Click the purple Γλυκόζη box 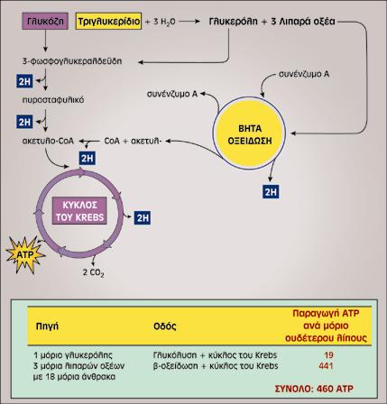click(x=45, y=21)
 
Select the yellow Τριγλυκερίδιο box click(x=108, y=21)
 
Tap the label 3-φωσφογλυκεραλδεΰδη click(x=72, y=61)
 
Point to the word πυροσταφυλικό click(x=53, y=100)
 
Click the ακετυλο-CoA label click(x=48, y=141)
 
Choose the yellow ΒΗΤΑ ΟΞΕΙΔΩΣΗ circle click(x=249, y=133)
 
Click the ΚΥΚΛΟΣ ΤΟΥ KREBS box click(x=79, y=211)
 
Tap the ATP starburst click(x=25, y=254)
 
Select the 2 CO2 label click(x=93, y=272)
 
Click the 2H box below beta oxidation click(x=271, y=192)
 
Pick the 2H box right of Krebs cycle click(x=143, y=217)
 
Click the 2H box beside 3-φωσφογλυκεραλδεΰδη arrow click(x=24, y=81)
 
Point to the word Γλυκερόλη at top click(x=233, y=22)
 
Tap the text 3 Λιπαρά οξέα click(x=303, y=22)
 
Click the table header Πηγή click(x=47, y=326)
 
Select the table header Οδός click(x=165, y=326)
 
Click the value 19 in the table click(x=328, y=355)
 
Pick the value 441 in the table click(x=326, y=366)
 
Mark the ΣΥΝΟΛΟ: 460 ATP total click(x=314, y=389)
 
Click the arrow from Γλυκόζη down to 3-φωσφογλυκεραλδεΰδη click(x=45, y=41)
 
